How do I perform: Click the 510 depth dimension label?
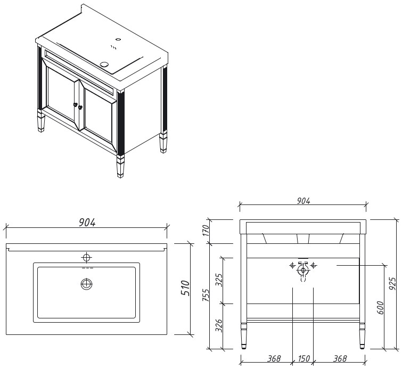coord(185,288)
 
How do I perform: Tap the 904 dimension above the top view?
coord(87,223)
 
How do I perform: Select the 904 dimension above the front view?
coord(303,201)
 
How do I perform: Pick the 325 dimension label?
coord(219,280)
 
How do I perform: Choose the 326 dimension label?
coord(219,326)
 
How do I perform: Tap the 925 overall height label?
coord(392,284)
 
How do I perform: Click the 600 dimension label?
coord(380,308)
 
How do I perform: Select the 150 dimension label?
coord(304,358)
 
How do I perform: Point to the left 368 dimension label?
coord(274,358)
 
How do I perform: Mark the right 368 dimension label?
coord(340,358)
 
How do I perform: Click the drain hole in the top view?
coord(87,284)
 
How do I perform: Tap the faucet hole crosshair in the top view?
coord(87,257)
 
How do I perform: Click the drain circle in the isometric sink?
coord(104,64)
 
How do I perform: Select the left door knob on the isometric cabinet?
coord(76,104)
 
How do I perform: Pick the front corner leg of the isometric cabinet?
coord(120,167)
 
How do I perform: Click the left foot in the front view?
coord(244,336)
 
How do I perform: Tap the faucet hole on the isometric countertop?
coord(118,39)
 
